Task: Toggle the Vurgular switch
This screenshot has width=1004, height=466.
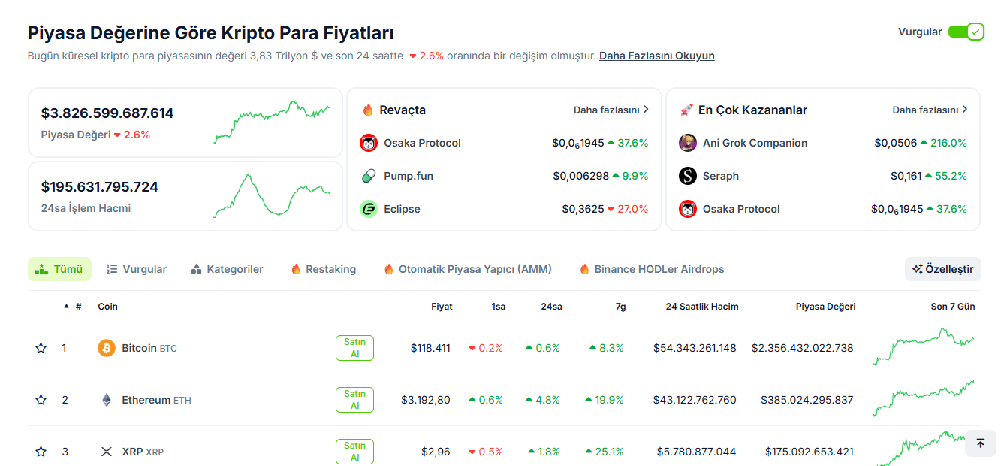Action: click(966, 32)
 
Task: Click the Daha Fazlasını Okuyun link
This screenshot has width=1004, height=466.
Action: click(656, 56)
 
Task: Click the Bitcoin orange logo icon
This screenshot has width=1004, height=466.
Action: click(107, 348)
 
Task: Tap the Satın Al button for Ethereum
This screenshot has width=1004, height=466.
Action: click(354, 400)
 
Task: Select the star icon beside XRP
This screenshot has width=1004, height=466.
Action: click(41, 452)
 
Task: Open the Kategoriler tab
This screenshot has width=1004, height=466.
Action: click(227, 269)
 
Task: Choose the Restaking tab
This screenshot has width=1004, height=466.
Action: click(324, 269)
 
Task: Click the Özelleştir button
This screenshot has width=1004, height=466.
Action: click(942, 269)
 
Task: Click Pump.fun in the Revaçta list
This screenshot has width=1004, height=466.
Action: click(409, 176)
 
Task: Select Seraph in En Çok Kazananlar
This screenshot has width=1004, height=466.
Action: click(720, 176)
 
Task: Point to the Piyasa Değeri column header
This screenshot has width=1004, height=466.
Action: click(825, 307)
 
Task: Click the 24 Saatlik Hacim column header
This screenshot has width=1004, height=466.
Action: click(701, 307)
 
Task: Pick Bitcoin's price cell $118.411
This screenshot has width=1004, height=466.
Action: click(430, 348)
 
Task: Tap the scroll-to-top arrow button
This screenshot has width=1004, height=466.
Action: click(980, 443)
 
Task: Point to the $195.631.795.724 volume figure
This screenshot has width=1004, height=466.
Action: click(100, 186)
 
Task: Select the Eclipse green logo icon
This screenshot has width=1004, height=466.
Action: click(369, 209)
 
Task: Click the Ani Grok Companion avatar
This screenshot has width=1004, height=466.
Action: click(688, 143)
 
